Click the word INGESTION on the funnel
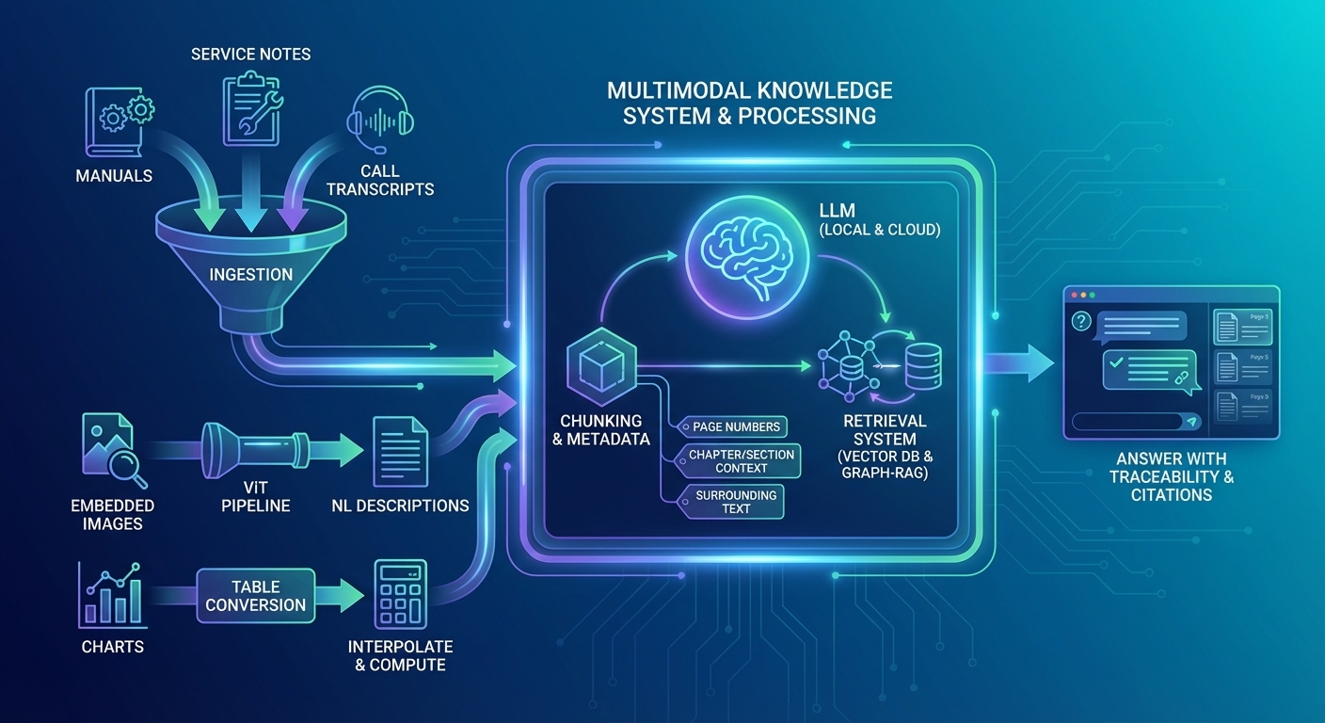(x=251, y=275)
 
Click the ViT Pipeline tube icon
(x=253, y=445)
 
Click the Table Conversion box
(x=256, y=595)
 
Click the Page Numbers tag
(x=736, y=426)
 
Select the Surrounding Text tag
(x=736, y=502)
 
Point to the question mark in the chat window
(x=1080, y=322)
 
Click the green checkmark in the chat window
(x=1117, y=361)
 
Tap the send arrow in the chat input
(x=1191, y=423)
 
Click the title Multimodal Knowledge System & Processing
(x=749, y=104)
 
